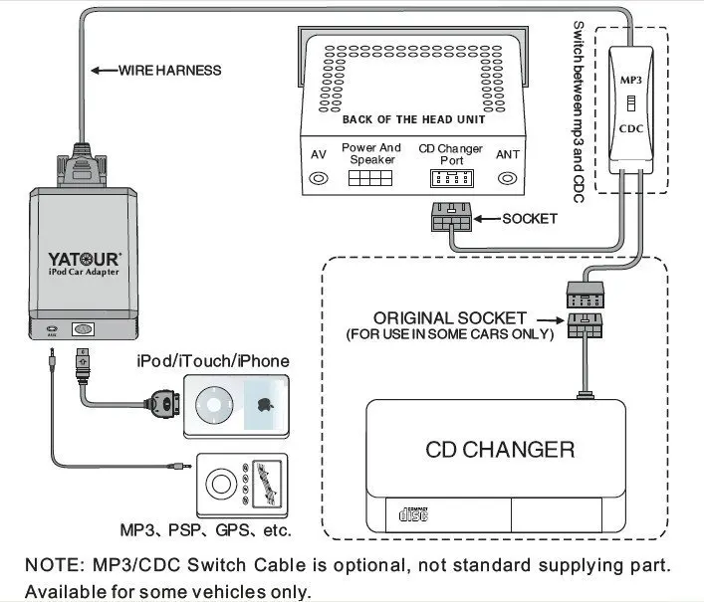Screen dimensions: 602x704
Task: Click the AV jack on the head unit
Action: pyautogui.click(x=319, y=178)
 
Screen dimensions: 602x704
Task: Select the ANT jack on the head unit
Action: pyautogui.click(x=507, y=178)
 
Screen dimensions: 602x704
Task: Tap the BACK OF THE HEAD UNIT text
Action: pyautogui.click(x=413, y=119)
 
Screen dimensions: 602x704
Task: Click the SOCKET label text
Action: pyautogui.click(x=529, y=218)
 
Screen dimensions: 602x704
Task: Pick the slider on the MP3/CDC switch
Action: pyautogui.click(x=630, y=103)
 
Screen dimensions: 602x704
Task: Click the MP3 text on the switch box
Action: pyautogui.click(x=630, y=78)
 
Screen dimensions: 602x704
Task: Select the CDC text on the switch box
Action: pyautogui.click(x=630, y=128)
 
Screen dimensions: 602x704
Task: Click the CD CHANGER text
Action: pyautogui.click(x=500, y=449)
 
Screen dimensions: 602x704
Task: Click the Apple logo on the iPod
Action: pyautogui.click(x=265, y=405)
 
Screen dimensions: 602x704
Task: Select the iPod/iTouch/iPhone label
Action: pyautogui.click(x=213, y=360)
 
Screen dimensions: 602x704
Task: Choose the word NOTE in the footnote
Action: pyautogui.click(x=49, y=565)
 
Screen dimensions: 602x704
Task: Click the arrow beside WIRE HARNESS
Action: pyautogui.click(x=104, y=71)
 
